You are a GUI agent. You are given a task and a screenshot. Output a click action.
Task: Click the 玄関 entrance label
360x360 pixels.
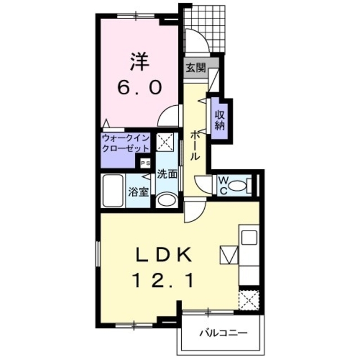(196, 67)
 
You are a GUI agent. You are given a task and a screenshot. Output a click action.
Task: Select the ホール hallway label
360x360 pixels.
(195, 145)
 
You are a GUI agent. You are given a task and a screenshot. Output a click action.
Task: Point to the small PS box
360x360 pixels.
(145, 163)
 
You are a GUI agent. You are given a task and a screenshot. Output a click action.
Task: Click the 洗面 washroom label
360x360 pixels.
(167, 174)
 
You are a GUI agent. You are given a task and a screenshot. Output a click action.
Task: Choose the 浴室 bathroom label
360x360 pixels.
(138, 191)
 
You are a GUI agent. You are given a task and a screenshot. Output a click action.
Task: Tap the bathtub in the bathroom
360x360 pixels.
(112, 190)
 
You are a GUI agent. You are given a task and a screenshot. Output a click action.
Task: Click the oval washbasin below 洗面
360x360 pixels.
(167, 200)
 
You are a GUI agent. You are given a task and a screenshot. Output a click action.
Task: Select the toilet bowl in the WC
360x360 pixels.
(237, 186)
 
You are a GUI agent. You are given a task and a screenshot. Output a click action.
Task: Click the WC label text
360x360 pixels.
(223, 186)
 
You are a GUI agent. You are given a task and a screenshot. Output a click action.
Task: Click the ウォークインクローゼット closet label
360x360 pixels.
(125, 143)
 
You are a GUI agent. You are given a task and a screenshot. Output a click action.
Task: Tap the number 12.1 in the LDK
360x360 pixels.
(163, 281)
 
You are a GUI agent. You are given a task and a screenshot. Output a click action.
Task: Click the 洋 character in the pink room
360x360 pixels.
(139, 61)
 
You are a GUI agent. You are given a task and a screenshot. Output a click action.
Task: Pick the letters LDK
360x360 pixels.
(164, 255)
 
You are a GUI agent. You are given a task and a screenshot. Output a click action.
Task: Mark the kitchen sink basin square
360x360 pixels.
(249, 237)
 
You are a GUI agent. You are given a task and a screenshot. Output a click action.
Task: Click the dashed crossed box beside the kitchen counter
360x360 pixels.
(249, 300)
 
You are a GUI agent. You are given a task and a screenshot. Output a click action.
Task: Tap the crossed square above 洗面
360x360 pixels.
(165, 142)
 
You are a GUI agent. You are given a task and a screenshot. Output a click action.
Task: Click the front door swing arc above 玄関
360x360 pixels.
(200, 38)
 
